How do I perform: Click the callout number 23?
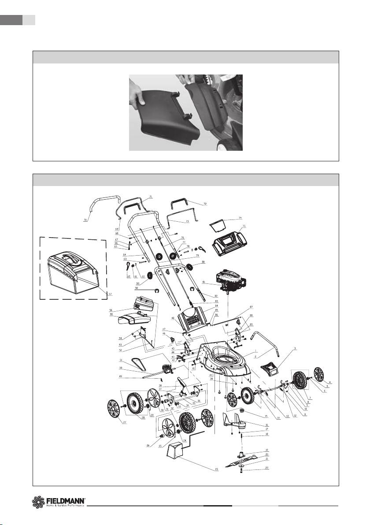(216, 469)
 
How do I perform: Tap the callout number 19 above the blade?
(267, 450)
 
